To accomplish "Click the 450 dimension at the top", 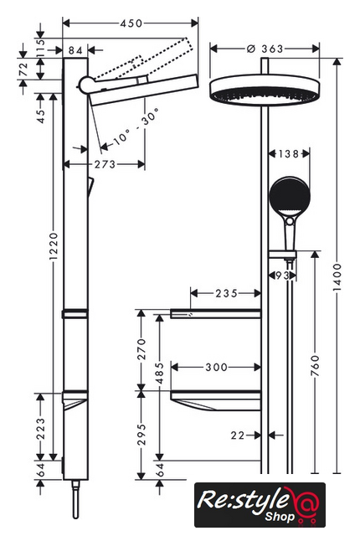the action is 131,23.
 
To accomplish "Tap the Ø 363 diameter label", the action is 265,49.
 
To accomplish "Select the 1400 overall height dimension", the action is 337,277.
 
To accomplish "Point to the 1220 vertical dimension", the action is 54,246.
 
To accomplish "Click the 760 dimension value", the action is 316,366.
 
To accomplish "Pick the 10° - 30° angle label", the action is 136,126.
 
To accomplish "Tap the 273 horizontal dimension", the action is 105,164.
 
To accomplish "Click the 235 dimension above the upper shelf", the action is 226,293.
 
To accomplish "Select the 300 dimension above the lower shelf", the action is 216,368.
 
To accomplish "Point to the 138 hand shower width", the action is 289,154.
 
